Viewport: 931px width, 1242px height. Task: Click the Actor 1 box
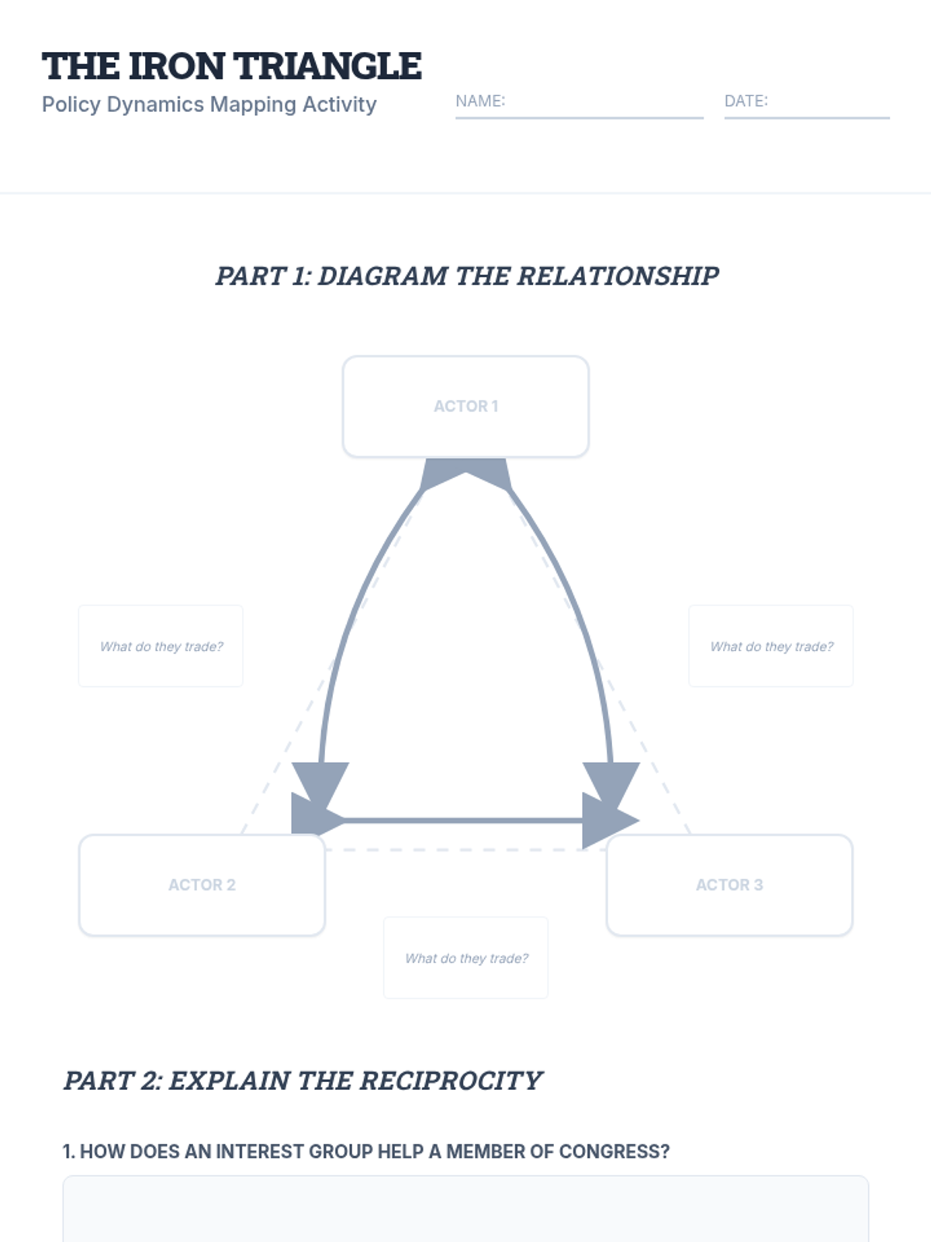(465, 406)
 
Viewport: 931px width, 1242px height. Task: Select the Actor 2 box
(202, 885)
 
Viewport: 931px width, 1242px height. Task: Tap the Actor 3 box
(729, 885)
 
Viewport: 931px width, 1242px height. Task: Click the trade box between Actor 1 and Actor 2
(161, 646)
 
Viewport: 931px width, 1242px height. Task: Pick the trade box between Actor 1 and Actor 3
(771, 646)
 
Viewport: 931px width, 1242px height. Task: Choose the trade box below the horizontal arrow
(465, 958)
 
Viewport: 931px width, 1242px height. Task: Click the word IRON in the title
(177, 67)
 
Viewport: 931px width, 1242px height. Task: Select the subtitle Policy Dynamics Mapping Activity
(209, 105)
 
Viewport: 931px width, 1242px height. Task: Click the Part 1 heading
(466, 276)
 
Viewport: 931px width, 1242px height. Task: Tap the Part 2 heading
(303, 1081)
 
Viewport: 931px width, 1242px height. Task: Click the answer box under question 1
(465, 1211)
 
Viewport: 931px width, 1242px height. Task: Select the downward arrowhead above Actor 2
(320, 781)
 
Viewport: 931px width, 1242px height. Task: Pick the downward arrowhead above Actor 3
(611, 781)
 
